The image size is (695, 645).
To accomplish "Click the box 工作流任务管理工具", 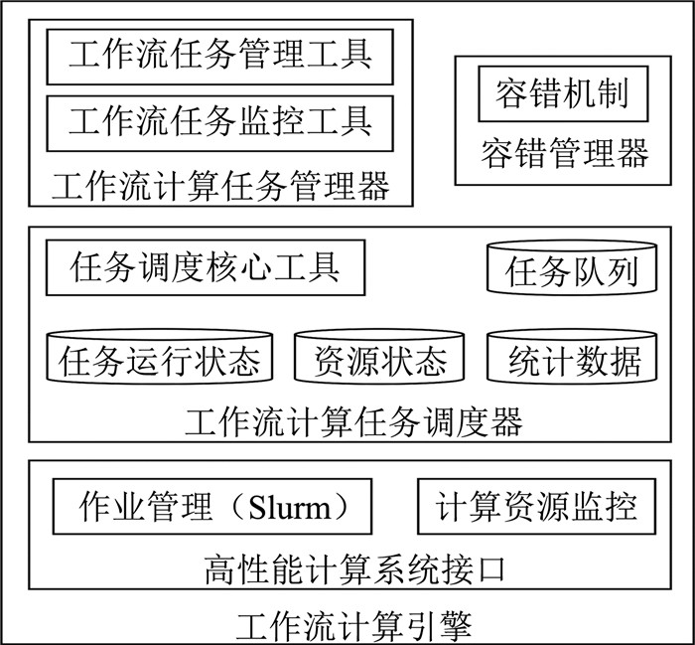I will pos(220,57).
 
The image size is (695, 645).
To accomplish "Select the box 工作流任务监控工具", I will pos(220,123).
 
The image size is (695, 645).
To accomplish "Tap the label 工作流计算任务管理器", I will pos(220,186).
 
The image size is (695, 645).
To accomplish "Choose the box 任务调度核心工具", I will pos(206,267).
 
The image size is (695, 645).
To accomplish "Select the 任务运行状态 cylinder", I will pos(160,358).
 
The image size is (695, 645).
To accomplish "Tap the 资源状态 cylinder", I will pos(379,358).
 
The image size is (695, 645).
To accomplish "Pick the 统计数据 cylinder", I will pos(573,358).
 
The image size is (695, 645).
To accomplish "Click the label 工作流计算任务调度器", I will pos(354,422).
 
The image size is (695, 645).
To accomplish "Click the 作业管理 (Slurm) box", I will pos(211,508).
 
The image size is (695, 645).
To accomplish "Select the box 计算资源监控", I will pos(536,508).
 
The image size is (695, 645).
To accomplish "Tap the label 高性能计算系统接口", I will pos(354,569).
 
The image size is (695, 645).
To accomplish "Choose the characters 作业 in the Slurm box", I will pos(111,508).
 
